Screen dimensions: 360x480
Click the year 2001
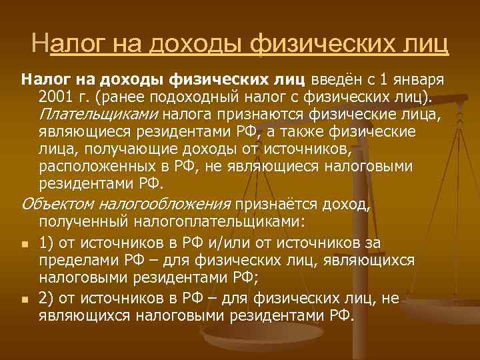click(x=56, y=98)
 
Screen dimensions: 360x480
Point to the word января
click(x=420, y=81)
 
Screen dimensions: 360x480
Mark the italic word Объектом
click(x=60, y=203)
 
